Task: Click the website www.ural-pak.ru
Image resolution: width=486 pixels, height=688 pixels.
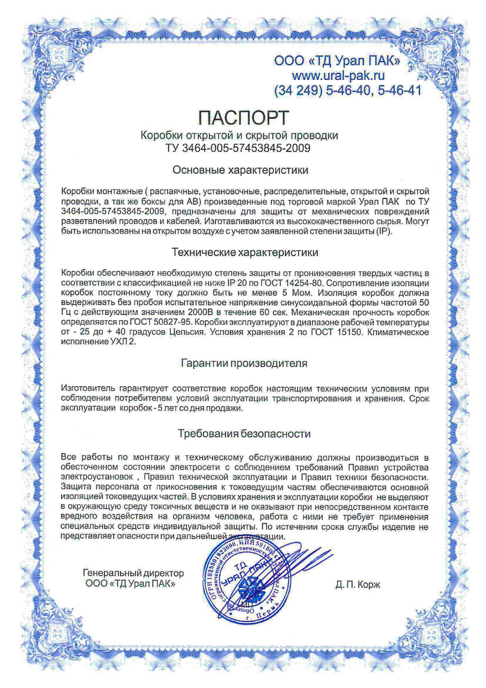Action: (338, 75)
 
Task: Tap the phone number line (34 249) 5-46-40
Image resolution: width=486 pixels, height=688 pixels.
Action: (347, 91)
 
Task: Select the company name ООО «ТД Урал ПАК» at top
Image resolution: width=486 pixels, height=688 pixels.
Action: (338, 61)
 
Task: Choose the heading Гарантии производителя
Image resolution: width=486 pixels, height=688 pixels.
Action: (243, 364)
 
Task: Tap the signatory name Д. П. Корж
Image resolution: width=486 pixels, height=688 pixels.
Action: (358, 584)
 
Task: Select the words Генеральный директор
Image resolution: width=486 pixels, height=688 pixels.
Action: (133, 573)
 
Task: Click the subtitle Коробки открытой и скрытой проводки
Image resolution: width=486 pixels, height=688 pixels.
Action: (239, 135)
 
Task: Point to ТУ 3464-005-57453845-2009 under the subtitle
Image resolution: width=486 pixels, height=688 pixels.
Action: (239, 148)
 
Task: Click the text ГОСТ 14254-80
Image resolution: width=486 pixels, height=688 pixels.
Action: (292, 282)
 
